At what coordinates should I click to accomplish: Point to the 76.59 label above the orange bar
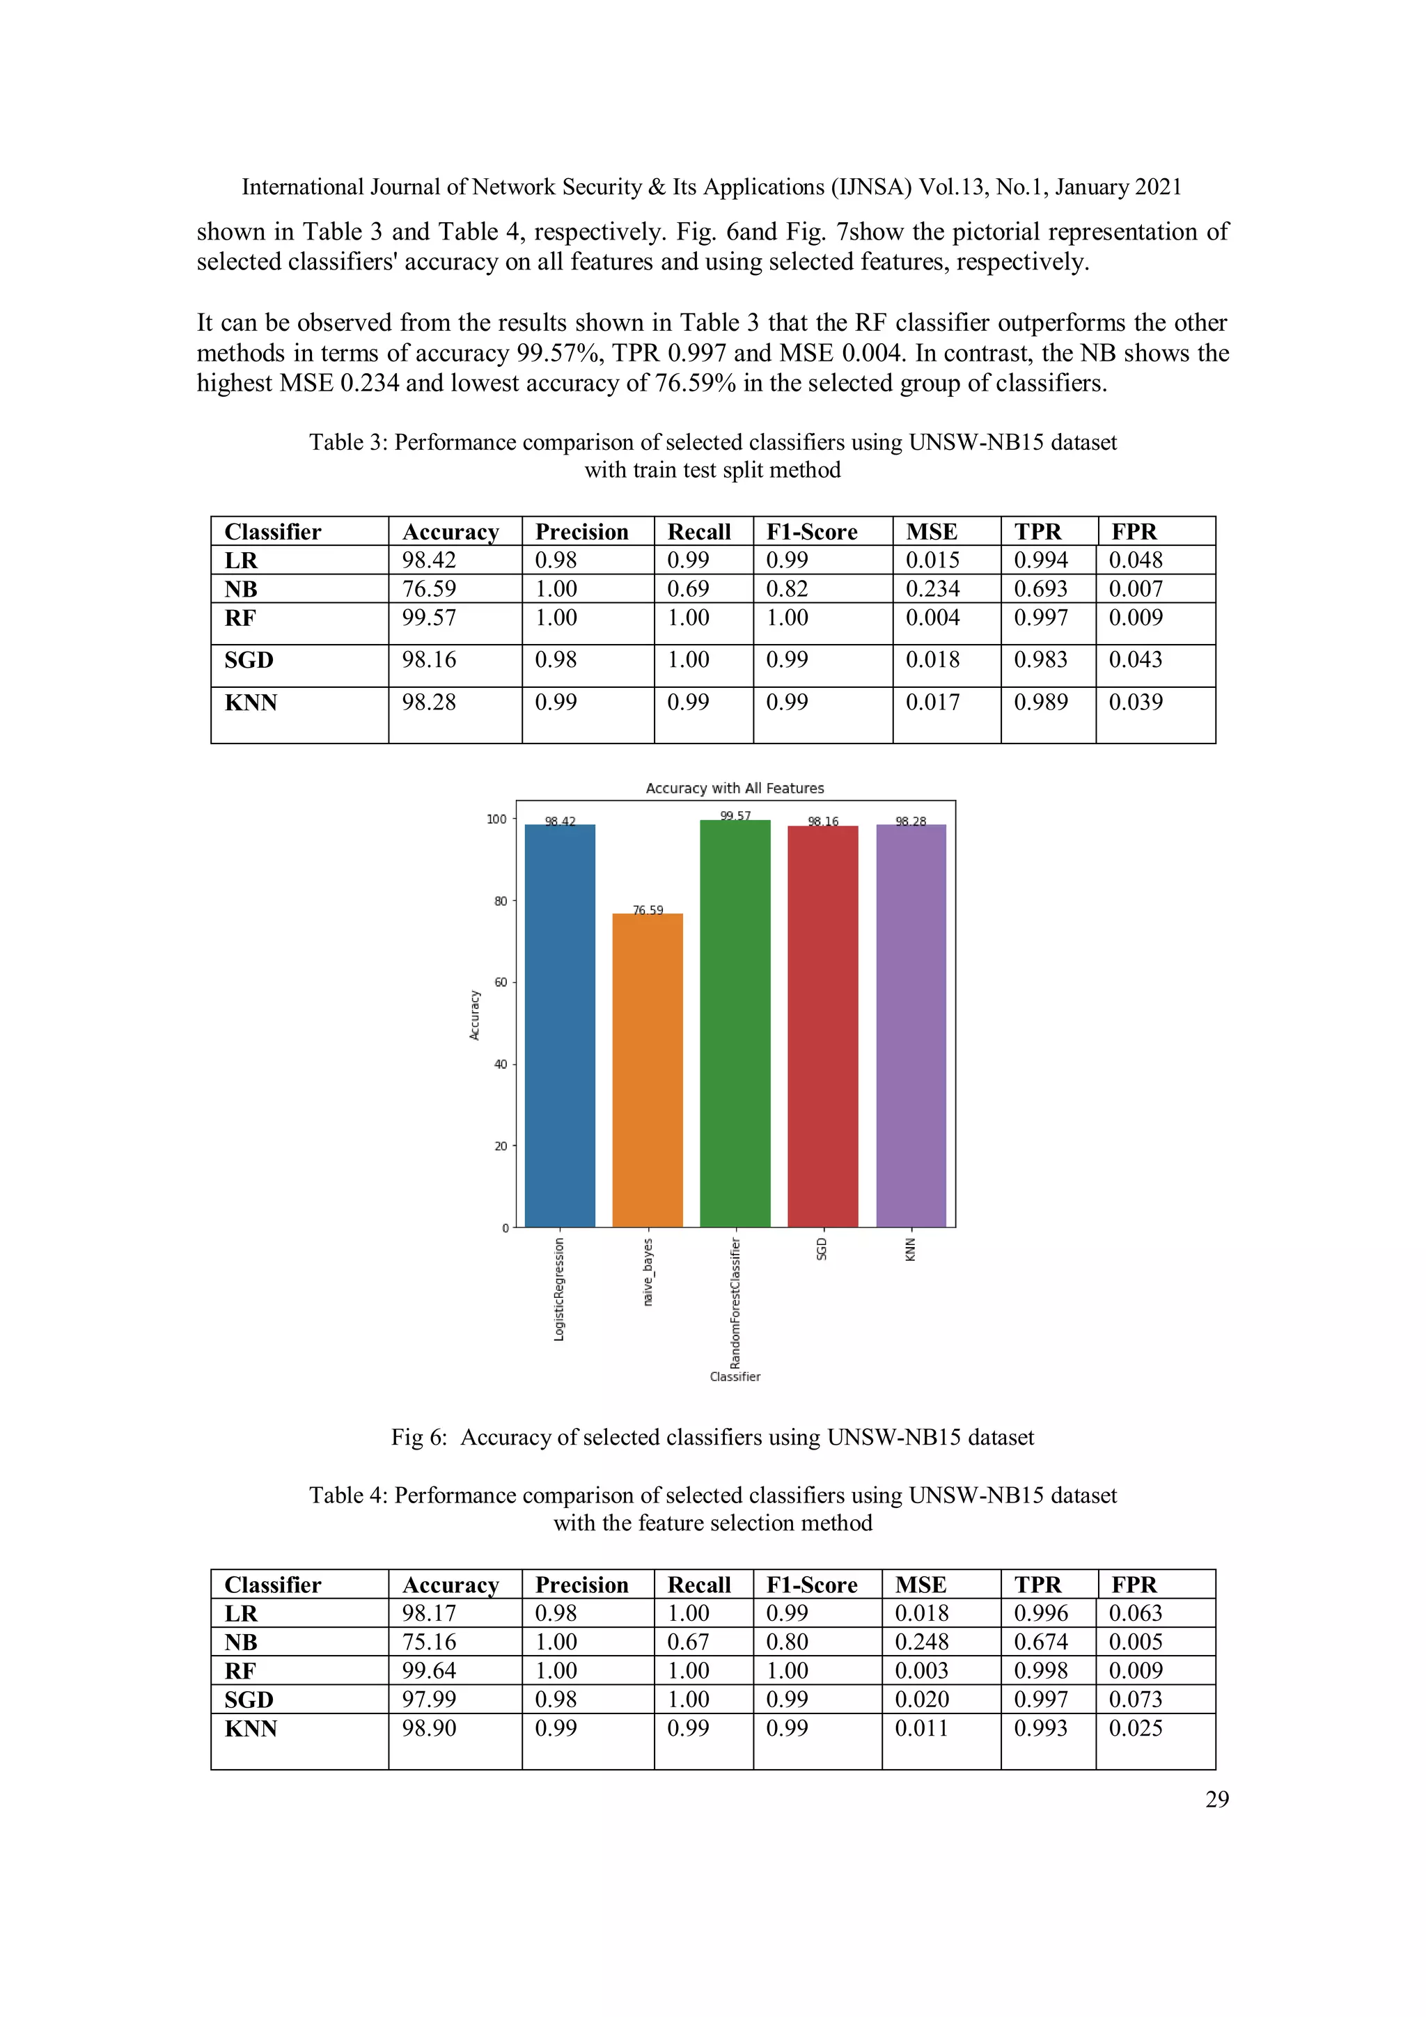[x=648, y=910]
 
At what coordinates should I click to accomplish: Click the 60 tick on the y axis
[x=500, y=982]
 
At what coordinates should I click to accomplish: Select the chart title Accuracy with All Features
[x=735, y=788]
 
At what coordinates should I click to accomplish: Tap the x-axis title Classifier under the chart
[x=735, y=1376]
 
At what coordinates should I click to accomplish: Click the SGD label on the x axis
[x=822, y=1248]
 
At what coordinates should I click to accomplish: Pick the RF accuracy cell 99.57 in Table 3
[x=429, y=618]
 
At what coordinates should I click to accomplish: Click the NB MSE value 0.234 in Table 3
[x=932, y=588]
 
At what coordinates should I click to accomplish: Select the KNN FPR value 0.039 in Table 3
[x=1135, y=702]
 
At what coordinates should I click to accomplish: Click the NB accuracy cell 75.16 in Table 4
[x=429, y=1642]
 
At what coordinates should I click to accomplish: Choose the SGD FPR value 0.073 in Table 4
[x=1135, y=1699]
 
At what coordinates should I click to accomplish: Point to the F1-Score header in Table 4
[x=811, y=1585]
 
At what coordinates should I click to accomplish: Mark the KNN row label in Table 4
[x=251, y=1728]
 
